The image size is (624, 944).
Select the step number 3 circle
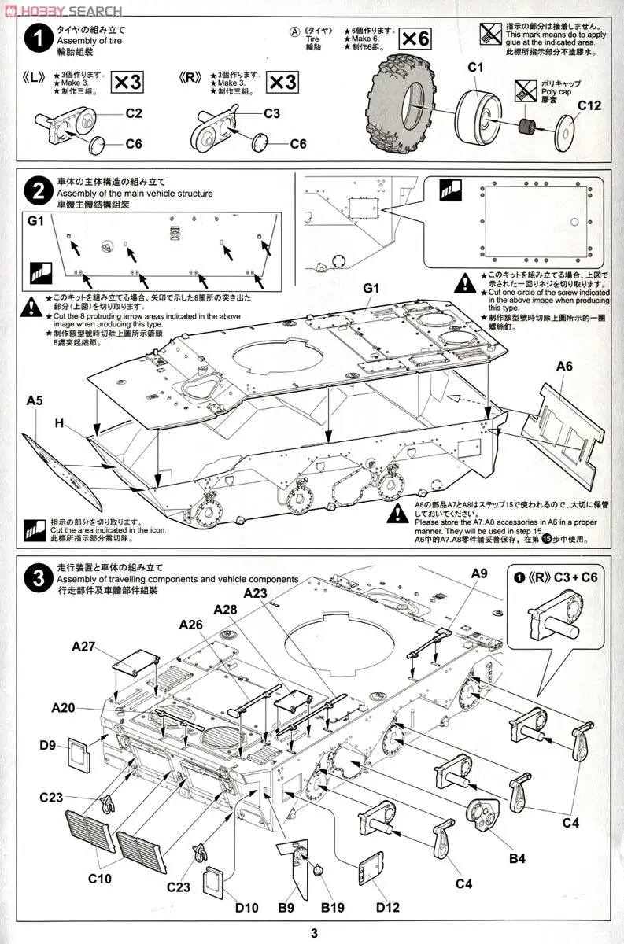click(32, 580)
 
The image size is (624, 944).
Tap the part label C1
click(474, 68)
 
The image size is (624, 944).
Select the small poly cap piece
click(529, 126)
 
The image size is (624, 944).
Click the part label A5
click(34, 401)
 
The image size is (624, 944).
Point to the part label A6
click(564, 366)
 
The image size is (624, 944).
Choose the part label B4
click(516, 858)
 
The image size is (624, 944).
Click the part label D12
click(388, 907)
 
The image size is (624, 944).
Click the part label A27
click(83, 647)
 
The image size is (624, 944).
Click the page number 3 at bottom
click(313, 934)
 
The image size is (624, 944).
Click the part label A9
click(479, 573)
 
